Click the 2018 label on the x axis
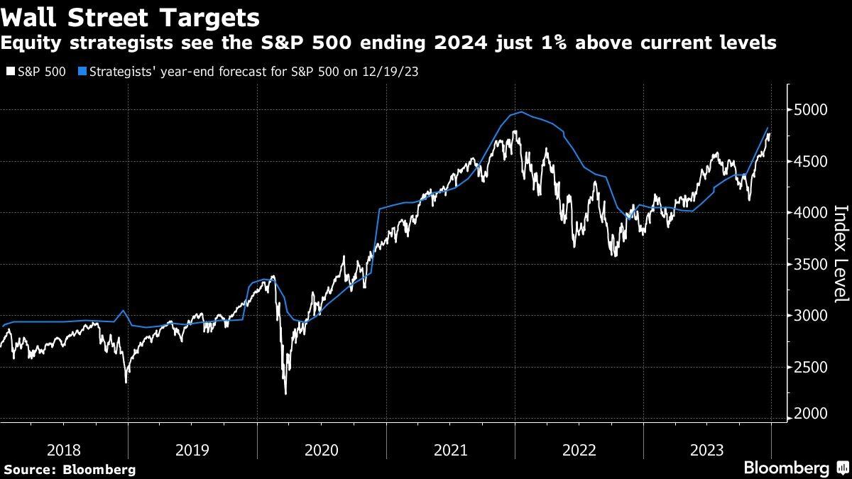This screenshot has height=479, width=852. point(63,450)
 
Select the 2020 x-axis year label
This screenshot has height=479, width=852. point(321,450)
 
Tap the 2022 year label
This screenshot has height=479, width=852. point(579,450)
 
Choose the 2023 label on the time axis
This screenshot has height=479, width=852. point(707,450)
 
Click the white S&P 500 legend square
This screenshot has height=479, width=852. point(9,72)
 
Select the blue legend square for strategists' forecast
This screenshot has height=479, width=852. point(83,72)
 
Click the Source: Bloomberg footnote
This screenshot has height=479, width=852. point(69,470)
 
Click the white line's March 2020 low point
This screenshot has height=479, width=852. point(285,393)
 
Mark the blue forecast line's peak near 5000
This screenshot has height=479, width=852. point(522,112)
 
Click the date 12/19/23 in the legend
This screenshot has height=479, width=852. point(392,72)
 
